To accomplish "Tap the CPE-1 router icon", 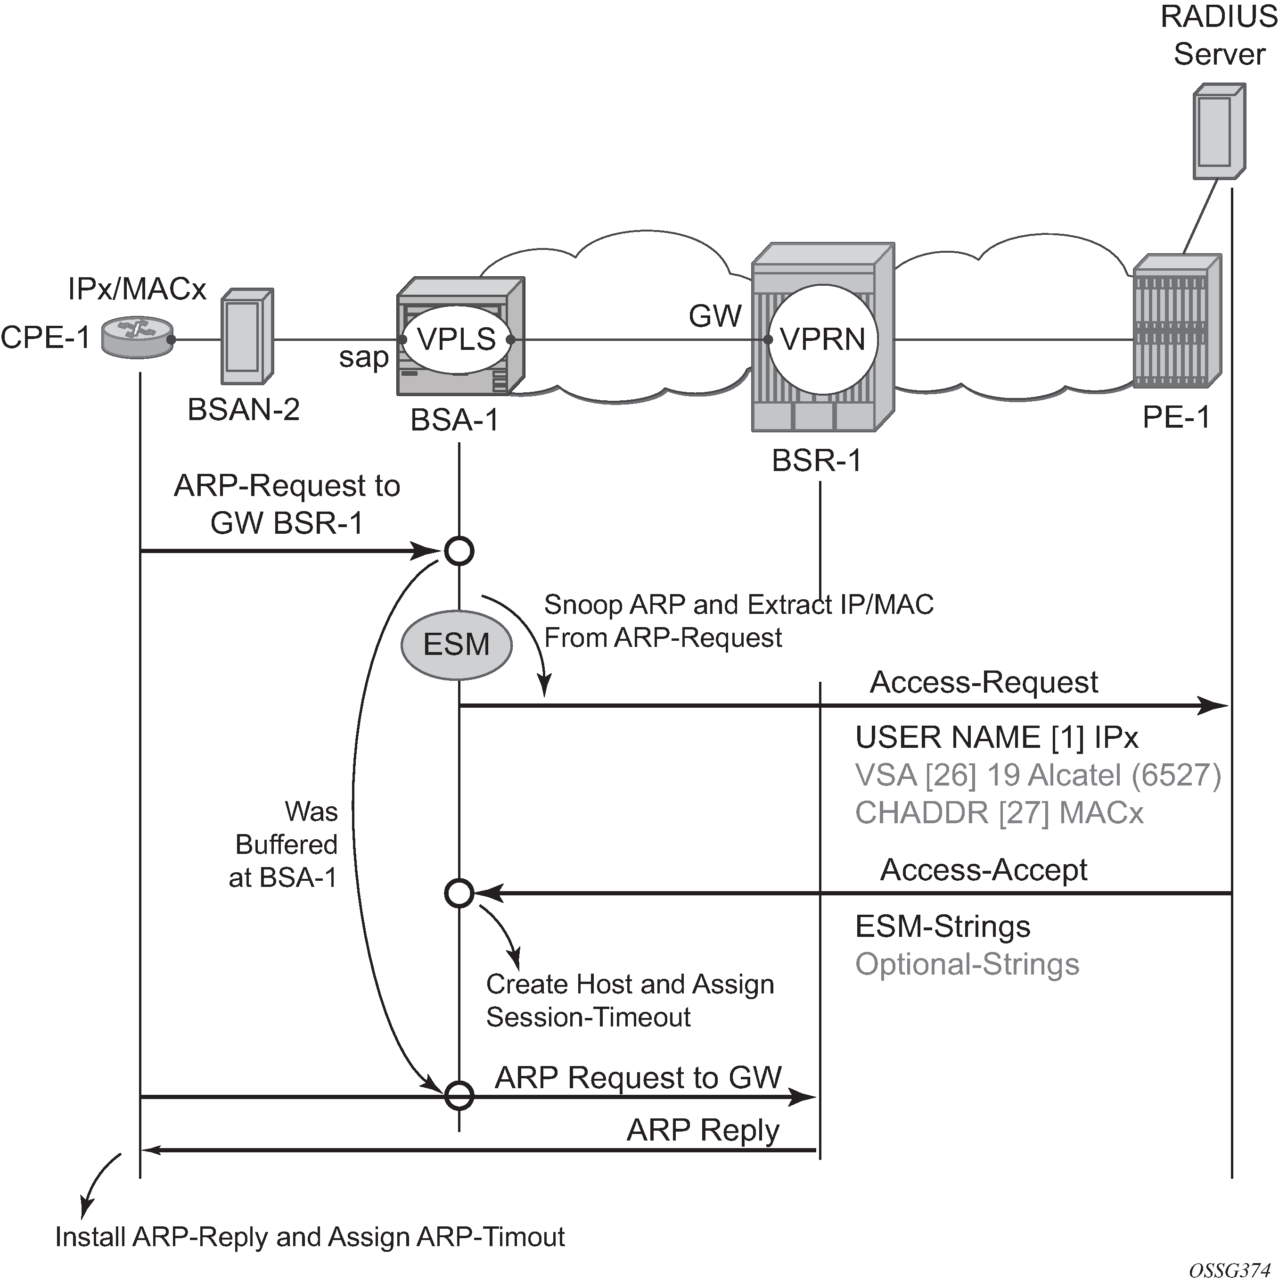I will [137, 338].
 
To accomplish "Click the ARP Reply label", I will [703, 1130].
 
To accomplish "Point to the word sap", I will [363, 358].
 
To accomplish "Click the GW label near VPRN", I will [715, 316].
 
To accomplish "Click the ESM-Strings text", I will [943, 926].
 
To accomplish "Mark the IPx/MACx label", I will [137, 289].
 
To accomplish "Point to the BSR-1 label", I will [817, 460].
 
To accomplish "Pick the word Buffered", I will [287, 845].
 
